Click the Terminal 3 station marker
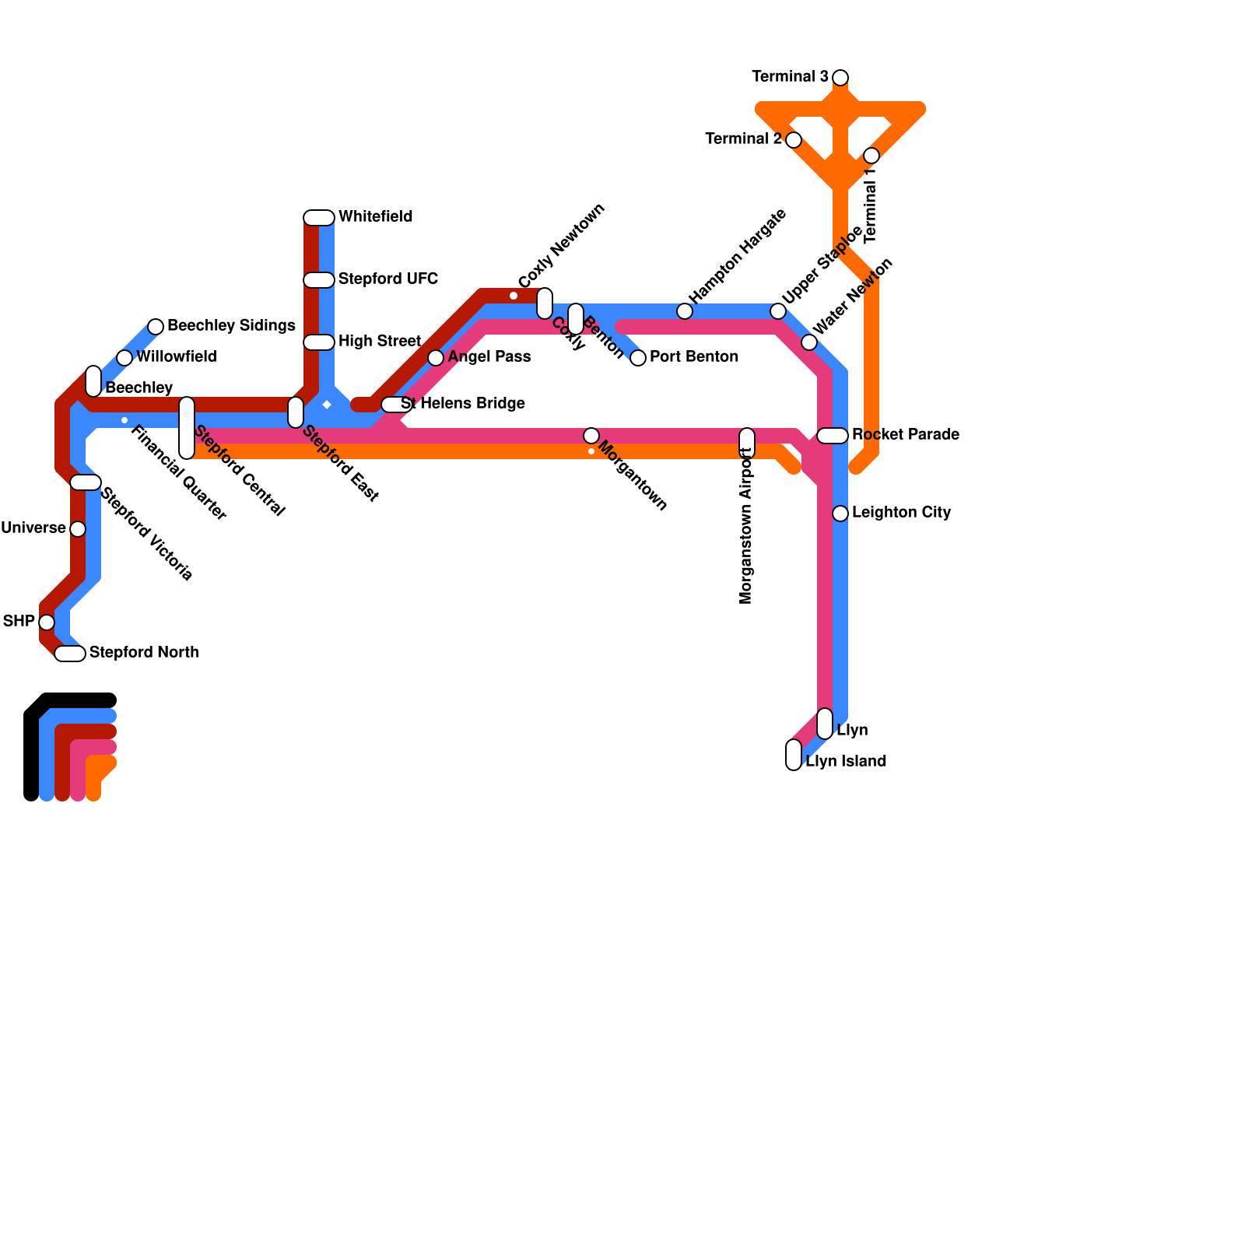pos(840,78)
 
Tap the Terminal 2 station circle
pos(794,140)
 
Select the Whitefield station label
pos(375,217)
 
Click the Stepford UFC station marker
pos(319,280)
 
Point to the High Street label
pos(379,342)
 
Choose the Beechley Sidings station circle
pos(156,327)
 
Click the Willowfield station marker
pos(124,358)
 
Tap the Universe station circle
pos(78,529)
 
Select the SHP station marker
pos(47,622)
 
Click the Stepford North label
pos(144,653)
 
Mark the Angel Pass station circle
pos(436,358)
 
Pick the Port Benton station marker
pos(638,358)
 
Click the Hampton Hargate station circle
pos(685,311)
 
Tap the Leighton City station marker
pos(840,514)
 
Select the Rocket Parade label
pos(905,435)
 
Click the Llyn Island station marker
pos(794,755)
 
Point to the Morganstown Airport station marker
pos(747,442)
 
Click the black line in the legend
pos(31,747)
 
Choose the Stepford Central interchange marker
pos(187,428)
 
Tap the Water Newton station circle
pos(809,342)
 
